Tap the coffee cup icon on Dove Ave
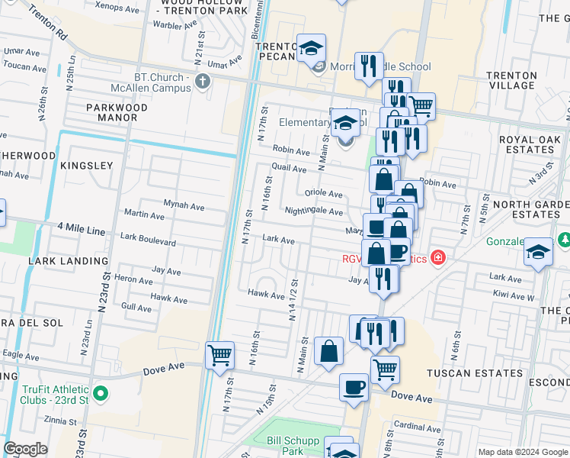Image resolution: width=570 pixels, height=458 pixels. [x=353, y=387]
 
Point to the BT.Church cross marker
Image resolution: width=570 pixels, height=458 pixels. [x=202, y=82]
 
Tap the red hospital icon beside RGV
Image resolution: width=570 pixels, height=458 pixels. [x=437, y=257]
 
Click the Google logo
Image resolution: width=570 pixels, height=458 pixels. [x=26, y=449]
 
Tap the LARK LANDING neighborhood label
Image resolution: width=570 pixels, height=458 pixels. [x=68, y=260]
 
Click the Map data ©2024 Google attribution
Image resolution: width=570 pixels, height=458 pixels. [x=522, y=452]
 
